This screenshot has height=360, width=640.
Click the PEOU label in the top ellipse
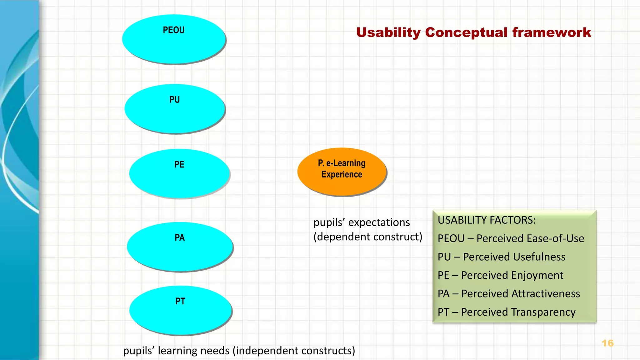coord(174,30)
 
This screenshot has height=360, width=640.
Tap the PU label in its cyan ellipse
coord(175,100)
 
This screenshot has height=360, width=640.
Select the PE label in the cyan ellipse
coord(179,164)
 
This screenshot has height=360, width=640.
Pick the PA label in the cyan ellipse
coord(180,238)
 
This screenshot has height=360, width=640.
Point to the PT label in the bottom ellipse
coord(180,301)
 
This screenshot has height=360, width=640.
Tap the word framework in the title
coord(552,32)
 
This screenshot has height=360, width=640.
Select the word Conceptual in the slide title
coord(466,32)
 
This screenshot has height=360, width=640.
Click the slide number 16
coord(607,343)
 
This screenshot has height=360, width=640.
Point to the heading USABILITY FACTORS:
coord(487,220)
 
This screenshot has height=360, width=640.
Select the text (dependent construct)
coord(368,237)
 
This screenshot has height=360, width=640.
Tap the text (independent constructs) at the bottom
coord(294,351)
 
